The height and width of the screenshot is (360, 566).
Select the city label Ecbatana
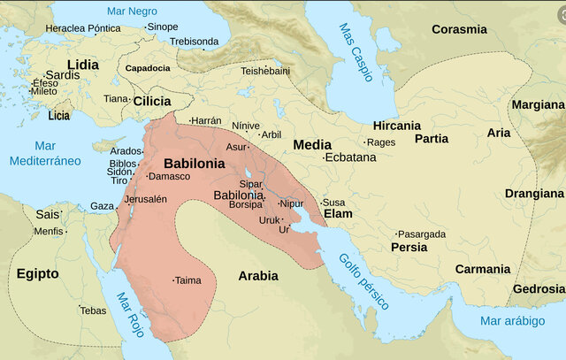(x=350, y=157)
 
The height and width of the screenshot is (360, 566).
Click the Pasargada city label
(x=422, y=234)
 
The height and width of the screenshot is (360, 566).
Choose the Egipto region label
(x=37, y=274)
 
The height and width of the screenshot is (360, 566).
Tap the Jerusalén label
(x=145, y=199)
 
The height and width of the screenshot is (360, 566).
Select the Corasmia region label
(x=459, y=29)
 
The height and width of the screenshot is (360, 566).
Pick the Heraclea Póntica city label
(x=83, y=28)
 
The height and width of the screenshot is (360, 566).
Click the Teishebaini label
(x=265, y=70)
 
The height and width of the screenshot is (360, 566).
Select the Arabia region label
(x=258, y=276)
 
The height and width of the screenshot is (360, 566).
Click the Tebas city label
(x=93, y=310)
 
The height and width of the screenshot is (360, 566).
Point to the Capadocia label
(x=148, y=68)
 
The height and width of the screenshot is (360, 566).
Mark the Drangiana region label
(x=534, y=193)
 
